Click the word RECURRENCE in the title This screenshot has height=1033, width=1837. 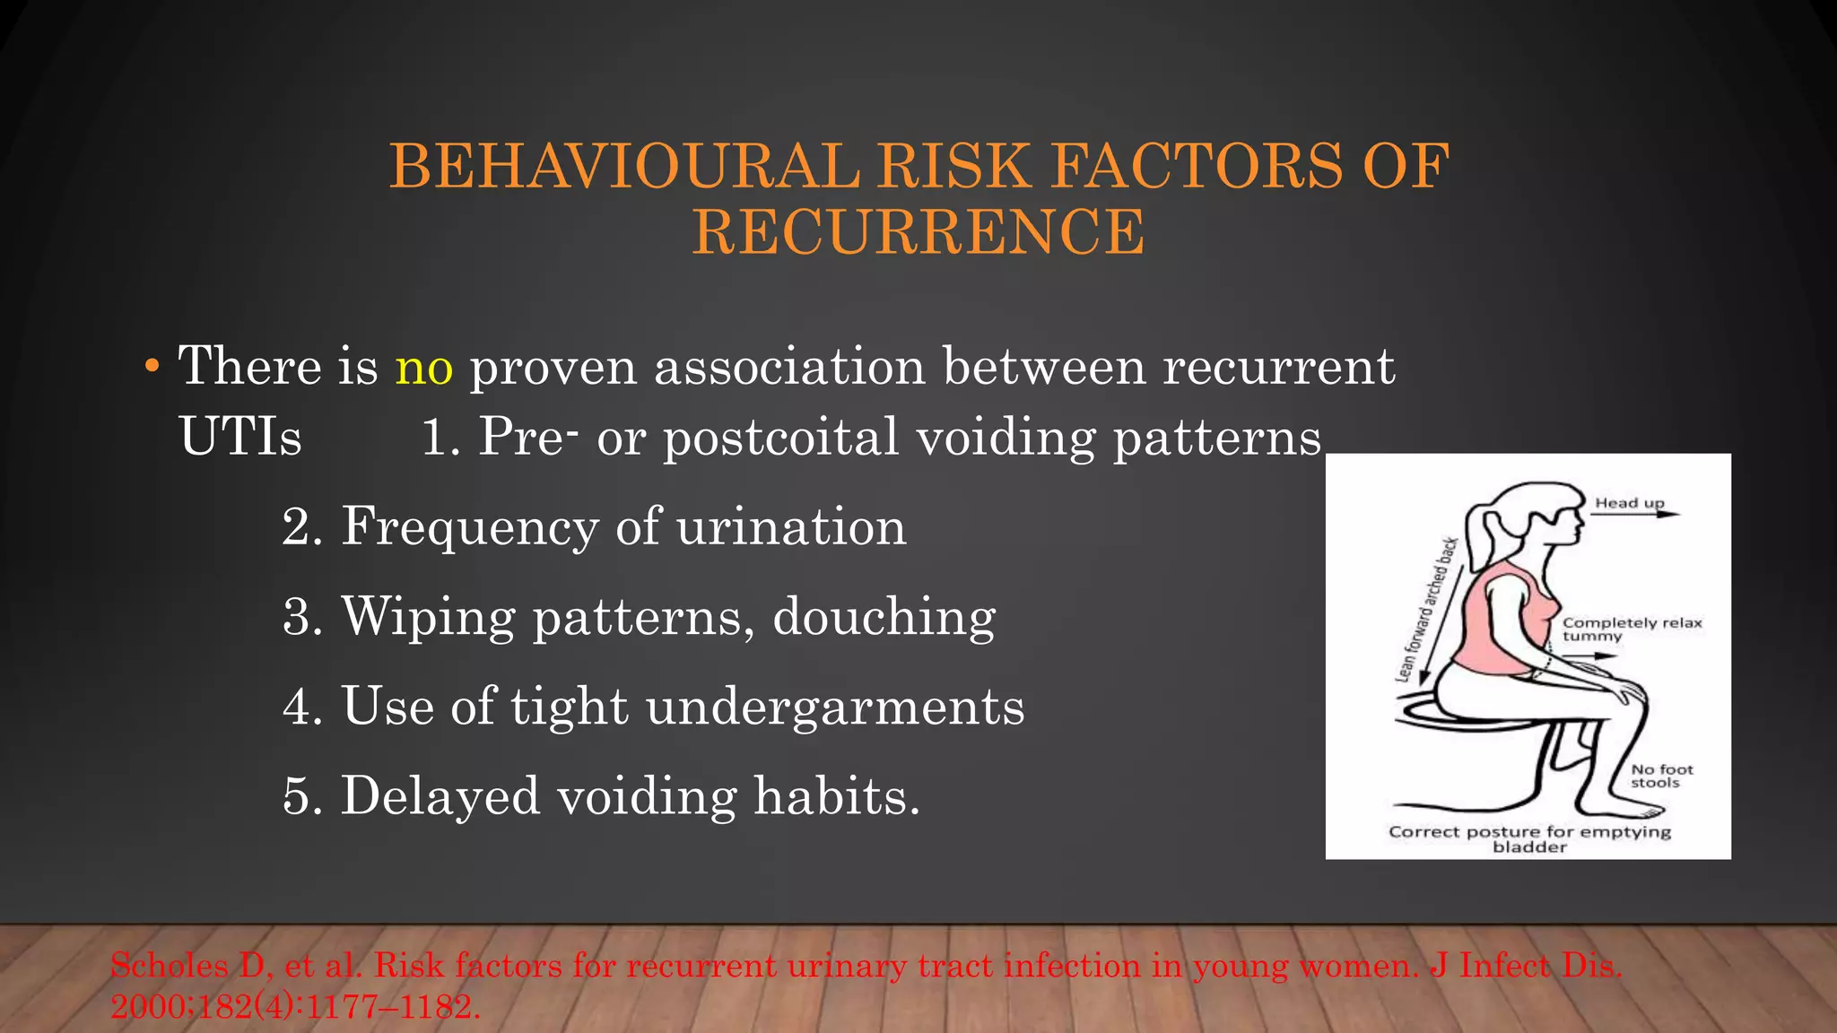click(918, 232)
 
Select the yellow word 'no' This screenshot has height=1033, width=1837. click(424, 367)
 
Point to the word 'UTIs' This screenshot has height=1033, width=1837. click(240, 438)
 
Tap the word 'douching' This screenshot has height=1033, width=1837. click(884, 617)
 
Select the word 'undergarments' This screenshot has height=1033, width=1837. click(835, 707)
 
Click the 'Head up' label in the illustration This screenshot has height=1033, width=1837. click(1629, 503)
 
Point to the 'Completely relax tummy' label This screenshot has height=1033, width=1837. click(1632, 629)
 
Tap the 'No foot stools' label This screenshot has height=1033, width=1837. click(1661, 776)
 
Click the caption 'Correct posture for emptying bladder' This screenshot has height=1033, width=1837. click(1529, 838)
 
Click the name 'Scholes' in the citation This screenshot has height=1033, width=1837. click(169, 966)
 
